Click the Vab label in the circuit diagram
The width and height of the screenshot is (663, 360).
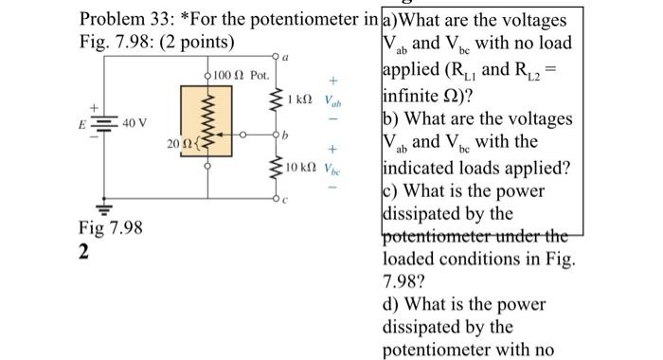coord(331,100)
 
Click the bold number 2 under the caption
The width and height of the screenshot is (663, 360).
coord(83,251)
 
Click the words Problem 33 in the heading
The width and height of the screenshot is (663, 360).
coord(123,19)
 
